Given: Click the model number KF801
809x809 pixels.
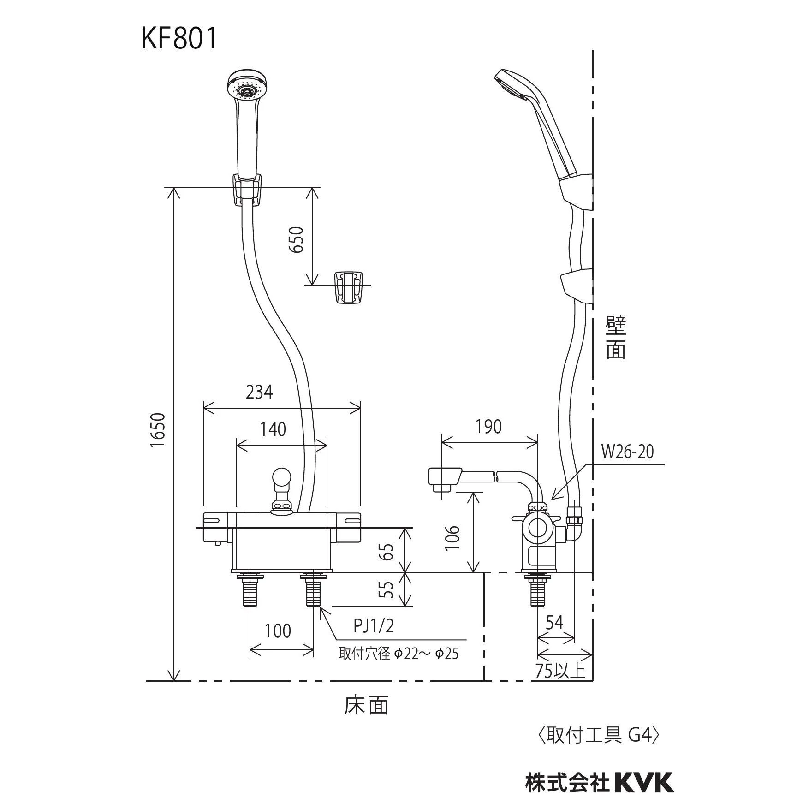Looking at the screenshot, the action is (179, 39).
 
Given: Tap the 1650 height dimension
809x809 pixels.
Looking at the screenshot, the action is (158, 430).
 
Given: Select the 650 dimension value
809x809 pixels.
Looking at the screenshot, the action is (297, 239).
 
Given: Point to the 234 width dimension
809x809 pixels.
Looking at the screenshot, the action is (259, 392).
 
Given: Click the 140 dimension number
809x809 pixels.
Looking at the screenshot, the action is (273, 429).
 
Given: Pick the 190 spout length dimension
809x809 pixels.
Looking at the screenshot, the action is (488, 427).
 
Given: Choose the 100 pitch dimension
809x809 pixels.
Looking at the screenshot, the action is (278, 631).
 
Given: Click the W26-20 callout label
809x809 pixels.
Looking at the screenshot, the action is (627, 452).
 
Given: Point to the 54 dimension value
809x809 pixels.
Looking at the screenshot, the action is (554, 623).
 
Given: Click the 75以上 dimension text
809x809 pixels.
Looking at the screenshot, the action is (560, 670).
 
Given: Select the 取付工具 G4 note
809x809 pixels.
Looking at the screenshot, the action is (600, 735).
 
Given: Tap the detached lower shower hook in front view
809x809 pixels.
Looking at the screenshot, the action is (348, 287).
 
